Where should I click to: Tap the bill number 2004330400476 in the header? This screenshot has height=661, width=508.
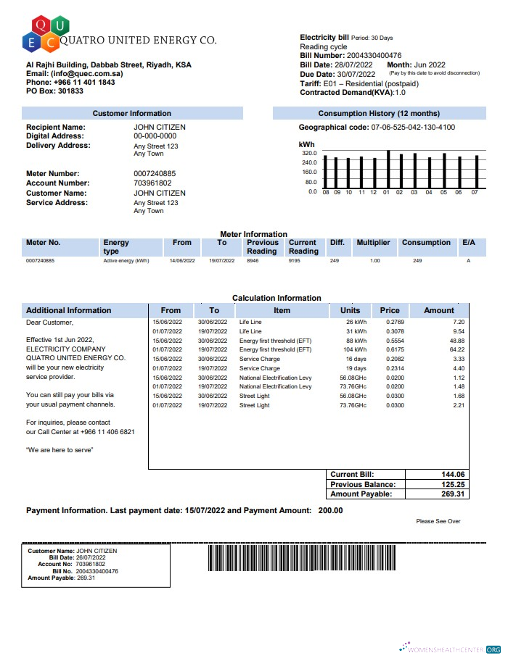374,56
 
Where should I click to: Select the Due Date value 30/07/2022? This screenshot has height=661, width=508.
352,74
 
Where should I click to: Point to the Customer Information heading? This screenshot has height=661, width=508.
131,114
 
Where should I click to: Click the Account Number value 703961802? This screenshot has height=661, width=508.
155,183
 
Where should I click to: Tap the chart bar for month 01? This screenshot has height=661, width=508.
388,169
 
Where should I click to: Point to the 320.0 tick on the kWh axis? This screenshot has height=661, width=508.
309,154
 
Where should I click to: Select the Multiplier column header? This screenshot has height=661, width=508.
373,243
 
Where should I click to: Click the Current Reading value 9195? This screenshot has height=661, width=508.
294,260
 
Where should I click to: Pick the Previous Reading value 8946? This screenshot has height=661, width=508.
253,260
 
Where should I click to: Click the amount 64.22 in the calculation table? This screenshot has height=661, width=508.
457,349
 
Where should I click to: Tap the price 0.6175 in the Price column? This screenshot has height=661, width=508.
395,349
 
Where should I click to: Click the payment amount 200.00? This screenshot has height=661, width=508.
330,511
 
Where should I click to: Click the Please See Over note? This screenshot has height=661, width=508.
438,521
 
